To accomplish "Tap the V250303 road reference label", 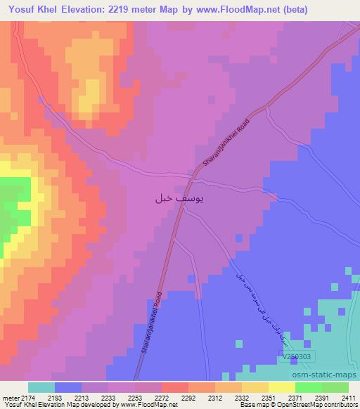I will pyautogui.click(x=299, y=357).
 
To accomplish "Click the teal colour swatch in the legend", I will pyautogui.click(x=41, y=387).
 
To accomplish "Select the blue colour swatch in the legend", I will pyautogui.click(x=68, y=387).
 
